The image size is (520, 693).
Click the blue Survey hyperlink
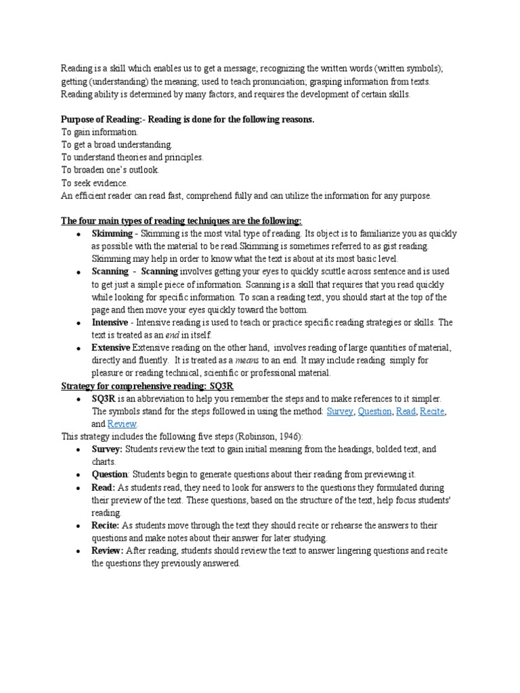(339, 411)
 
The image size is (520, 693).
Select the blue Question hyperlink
(374, 411)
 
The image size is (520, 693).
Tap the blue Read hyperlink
(406, 411)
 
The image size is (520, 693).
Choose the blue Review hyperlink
(122, 424)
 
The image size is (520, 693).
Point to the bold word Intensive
(110, 322)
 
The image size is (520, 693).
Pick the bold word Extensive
(111, 348)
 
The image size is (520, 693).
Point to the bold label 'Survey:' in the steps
(107, 449)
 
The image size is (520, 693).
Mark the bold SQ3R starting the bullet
(104, 399)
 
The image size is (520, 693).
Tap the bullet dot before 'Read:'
(79, 488)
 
